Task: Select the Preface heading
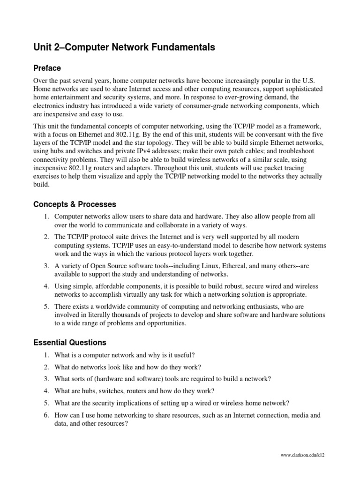[x=47, y=68]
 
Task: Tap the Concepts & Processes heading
[x=75, y=204]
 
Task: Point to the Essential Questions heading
[x=70, y=342]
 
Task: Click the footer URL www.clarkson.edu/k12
[x=302, y=455]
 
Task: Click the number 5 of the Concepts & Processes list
[x=46, y=306]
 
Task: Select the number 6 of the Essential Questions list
[x=46, y=415]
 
